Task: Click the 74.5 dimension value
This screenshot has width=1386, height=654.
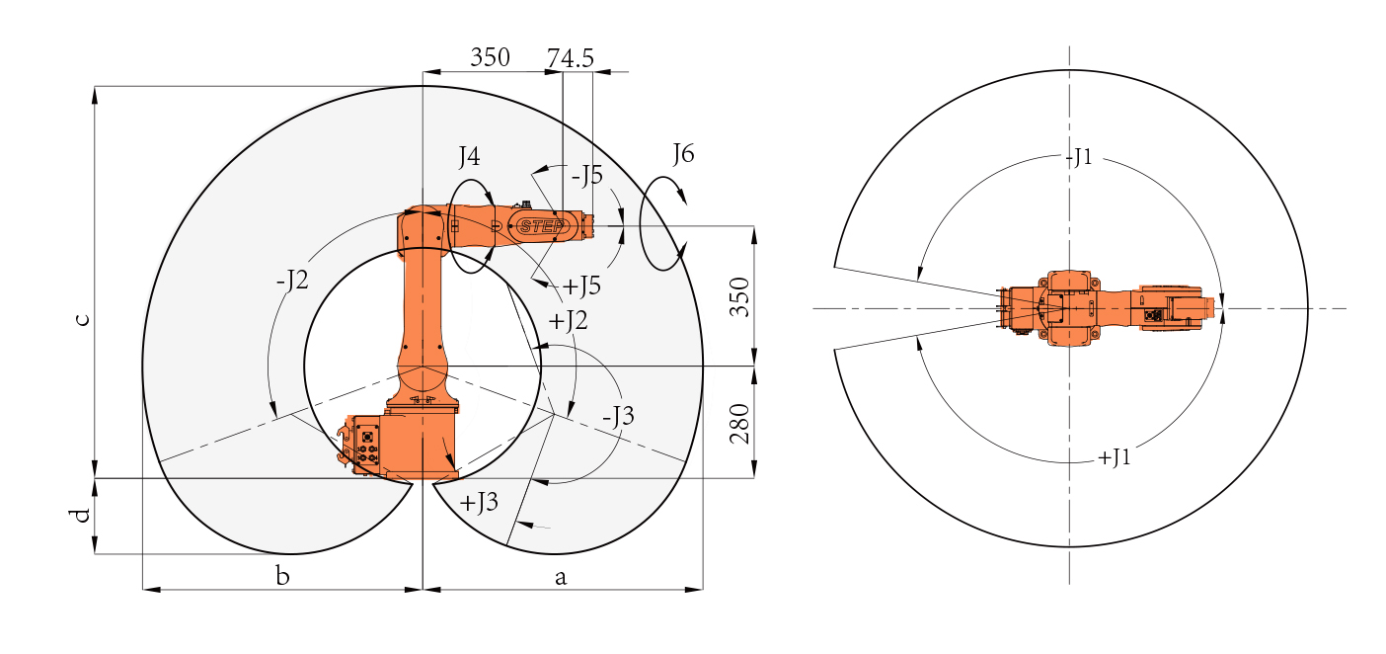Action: click(570, 58)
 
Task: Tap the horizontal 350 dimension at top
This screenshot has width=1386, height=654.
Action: click(490, 57)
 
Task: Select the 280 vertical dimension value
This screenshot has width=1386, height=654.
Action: click(739, 424)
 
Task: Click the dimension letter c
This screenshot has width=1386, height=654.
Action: click(82, 319)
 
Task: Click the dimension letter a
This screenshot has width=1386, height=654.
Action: click(560, 578)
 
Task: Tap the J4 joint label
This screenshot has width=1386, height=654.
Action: click(469, 156)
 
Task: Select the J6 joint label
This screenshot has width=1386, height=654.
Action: click(684, 153)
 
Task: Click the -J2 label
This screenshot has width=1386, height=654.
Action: click(292, 280)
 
